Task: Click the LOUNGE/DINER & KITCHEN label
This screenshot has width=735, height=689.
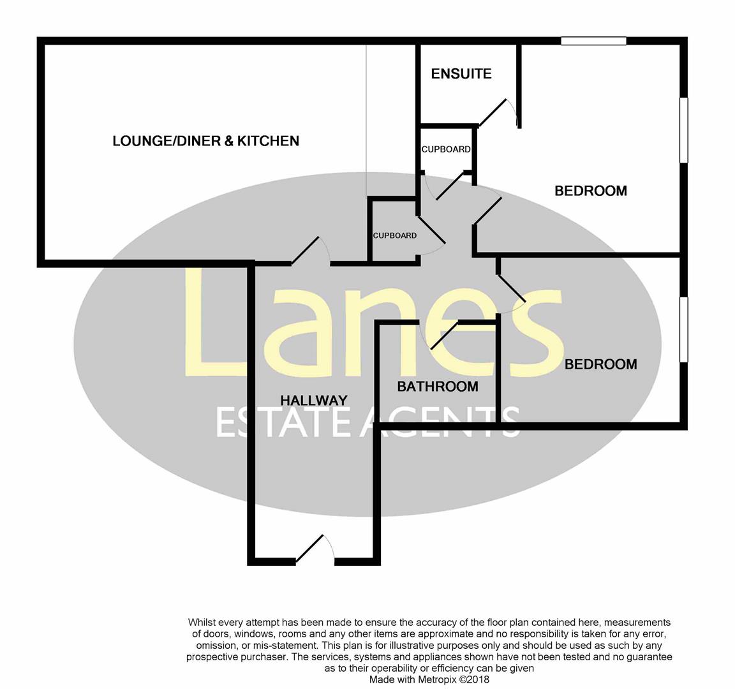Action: [205, 141]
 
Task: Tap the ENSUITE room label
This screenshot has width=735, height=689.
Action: [461, 74]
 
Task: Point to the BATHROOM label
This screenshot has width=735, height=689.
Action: [438, 386]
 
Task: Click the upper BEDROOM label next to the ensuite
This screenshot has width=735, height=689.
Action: [590, 191]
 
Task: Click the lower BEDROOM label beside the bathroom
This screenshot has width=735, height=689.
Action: [600, 364]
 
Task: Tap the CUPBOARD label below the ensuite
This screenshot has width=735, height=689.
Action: [446, 149]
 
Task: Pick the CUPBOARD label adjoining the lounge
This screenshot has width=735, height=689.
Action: [394, 235]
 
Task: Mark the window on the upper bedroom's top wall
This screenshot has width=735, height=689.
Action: [593, 41]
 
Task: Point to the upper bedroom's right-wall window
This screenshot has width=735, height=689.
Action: [683, 130]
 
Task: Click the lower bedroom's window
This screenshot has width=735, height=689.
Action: [683, 329]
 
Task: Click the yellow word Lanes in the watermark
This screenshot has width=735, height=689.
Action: [373, 325]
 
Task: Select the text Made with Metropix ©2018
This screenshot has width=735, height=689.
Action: [429, 680]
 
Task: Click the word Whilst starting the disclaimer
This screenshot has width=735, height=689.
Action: [202, 622]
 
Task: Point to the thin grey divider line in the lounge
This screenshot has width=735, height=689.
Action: [366, 121]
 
